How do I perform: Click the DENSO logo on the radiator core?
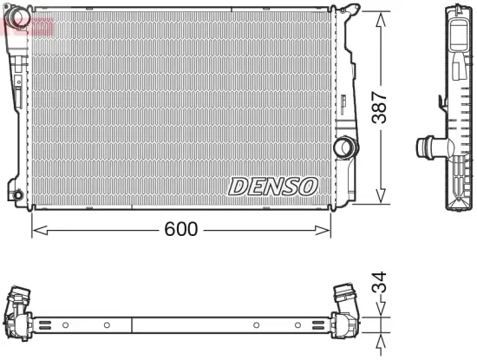[x=274, y=186]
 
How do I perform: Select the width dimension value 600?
[x=181, y=229]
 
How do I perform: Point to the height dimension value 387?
[x=380, y=108]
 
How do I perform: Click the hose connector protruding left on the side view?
[x=428, y=147]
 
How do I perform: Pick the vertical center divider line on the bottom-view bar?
[x=132, y=325]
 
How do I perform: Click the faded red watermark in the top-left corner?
[x=26, y=25]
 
